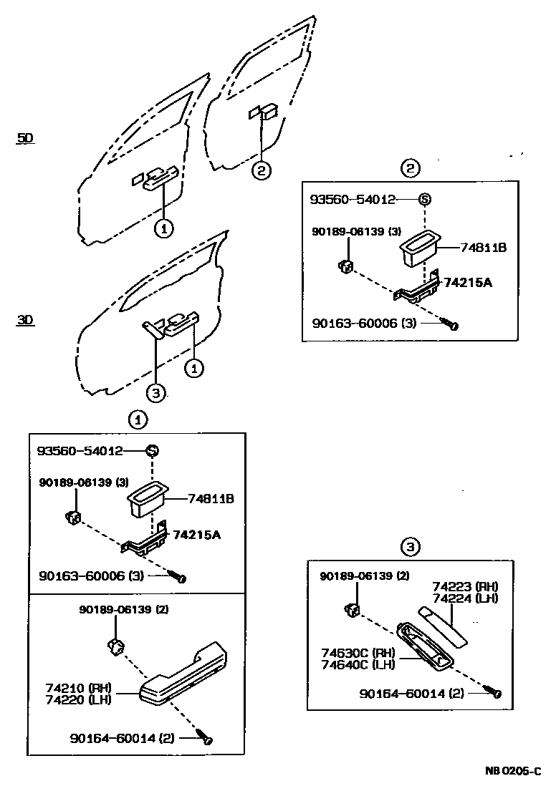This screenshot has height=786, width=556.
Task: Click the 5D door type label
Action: coord(25,137)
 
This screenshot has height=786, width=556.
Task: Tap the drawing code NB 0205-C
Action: coord(514,771)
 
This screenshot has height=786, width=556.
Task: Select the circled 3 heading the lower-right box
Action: coord(409,548)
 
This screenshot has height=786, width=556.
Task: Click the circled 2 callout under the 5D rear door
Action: coord(262,170)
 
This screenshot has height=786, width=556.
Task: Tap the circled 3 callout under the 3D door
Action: coord(156,392)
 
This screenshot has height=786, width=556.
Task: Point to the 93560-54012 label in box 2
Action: coord(353,200)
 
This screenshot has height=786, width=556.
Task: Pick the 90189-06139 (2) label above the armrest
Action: coord(118,609)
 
